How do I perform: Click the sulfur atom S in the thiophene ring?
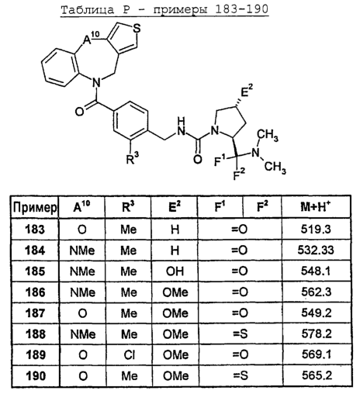[137, 28]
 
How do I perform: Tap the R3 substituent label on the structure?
[133, 157]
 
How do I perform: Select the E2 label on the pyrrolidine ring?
[247, 90]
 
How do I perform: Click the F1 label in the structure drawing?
[220, 160]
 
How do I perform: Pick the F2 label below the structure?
[239, 174]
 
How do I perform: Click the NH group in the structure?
[182, 126]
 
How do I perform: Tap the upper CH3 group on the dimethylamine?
[268, 136]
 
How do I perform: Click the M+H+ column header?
[316, 206]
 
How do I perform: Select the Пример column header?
[35, 207]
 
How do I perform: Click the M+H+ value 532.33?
[316, 250]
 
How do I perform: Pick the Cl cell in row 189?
[129, 354]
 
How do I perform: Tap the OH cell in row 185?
[175, 271]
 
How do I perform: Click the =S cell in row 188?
[240, 334]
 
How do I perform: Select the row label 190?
[36, 375]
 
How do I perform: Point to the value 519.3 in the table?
[316, 229]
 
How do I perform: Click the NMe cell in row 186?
[82, 292]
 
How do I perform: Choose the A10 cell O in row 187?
[82, 313]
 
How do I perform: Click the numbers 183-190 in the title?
[241, 9]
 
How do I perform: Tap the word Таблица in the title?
[88, 10]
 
